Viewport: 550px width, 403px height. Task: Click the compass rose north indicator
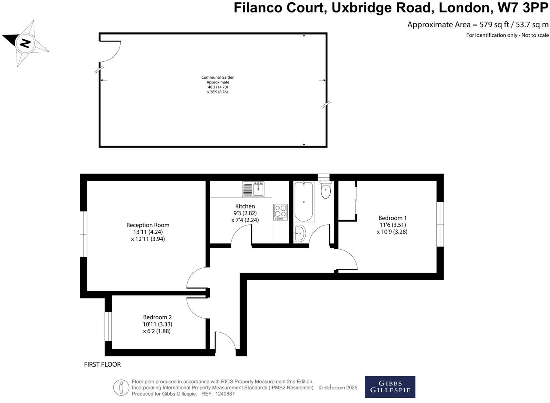[25, 43]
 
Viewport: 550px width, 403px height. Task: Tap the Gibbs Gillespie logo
[390, 387]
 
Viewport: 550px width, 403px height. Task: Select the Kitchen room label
[245, 206]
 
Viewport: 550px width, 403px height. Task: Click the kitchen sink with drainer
[253, 189]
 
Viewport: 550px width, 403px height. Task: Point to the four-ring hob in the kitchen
[280, 212]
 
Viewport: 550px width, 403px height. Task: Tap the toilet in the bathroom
[326, 190]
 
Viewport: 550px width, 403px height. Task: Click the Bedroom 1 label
[393, 218]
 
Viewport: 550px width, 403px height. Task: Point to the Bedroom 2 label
[157, 317]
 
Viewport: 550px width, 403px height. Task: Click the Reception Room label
[148, 225]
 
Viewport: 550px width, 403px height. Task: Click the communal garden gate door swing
[110, 51]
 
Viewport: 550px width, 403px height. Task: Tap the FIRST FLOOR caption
[102, 365]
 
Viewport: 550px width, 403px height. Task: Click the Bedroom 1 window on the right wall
[440, 224]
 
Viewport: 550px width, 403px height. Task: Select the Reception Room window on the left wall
[84, 234]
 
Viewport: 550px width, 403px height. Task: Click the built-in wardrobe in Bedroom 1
[347, 201]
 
